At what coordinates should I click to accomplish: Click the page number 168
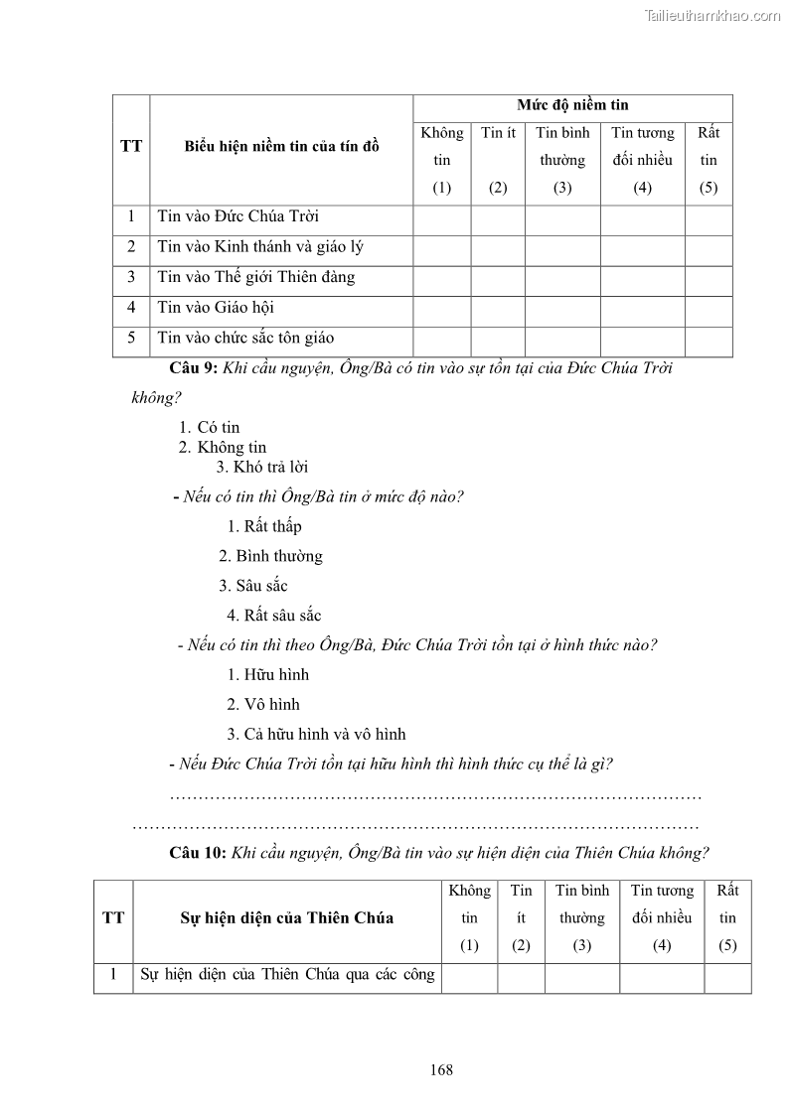pyautogui.click(x=442, y=1069)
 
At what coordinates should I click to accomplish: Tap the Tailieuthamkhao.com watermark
pyautogui.click(x=712, y=15)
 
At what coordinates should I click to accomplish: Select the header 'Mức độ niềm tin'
pyautogui.click(x=572, y=105)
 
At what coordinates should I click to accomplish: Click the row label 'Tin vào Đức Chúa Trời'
pyautogui.click(x=237, y=216)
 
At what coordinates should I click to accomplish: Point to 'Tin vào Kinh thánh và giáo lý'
pyautogui.click(x=254, y=247)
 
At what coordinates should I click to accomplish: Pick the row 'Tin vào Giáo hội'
pyautogui.click(x=216, y=308)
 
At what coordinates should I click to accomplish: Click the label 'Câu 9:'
pyautogui.click(x=194, y=368)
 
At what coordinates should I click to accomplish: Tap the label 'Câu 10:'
pyautogui.click(x=199, y=852)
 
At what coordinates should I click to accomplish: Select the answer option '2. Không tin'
pyautogui.click(x=223, y=447)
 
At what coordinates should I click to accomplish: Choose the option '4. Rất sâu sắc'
pyautogui.click(x=274, y=616)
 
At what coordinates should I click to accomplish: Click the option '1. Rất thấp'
pyautogui.click(x=264, y=526)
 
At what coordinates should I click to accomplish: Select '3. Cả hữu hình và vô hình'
pyautogui.click(x=316, y=735)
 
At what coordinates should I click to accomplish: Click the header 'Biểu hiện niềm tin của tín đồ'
pyautogui.click(x=281, y=147)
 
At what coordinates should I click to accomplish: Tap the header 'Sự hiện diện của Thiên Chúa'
pyautogui.click(x=286, y=917)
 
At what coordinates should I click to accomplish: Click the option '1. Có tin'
pyautogui.click(x=217, y=428)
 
